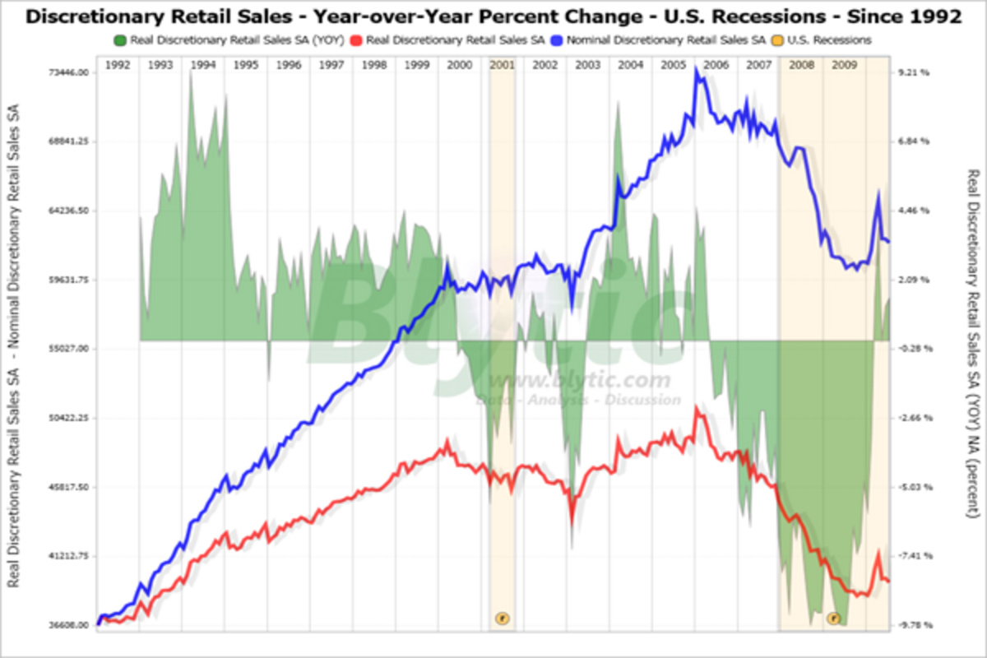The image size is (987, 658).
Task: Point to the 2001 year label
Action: click(503, 64)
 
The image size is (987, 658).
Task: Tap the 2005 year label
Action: click(674, 64)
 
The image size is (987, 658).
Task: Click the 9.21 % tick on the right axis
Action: click(913, 72)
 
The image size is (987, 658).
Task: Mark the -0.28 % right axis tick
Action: click(913, 349)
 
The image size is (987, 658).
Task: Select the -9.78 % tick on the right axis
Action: click(913, 625)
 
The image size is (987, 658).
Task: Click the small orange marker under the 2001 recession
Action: click(502, 617)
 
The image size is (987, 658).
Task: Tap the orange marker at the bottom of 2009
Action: click(834, 618)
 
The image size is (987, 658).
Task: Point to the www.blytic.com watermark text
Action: click(580, 381)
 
